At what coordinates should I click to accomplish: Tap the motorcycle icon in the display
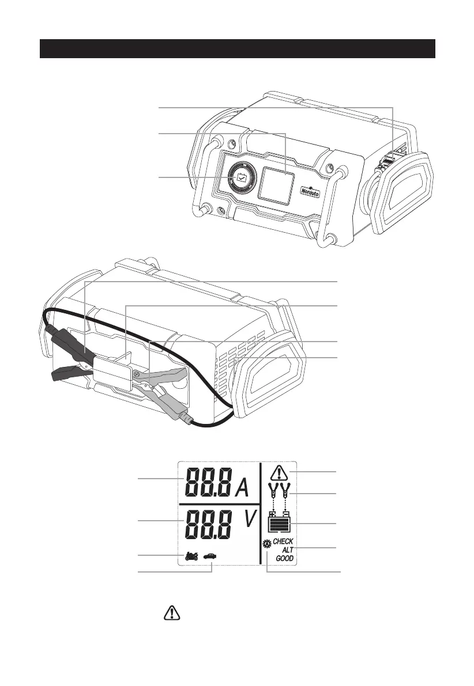point(192,556)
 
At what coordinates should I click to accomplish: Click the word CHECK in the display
point(283,541)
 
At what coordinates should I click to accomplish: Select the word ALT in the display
point(287,550)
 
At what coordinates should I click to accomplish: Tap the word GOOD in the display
point(284,559)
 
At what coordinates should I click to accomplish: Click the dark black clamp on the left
point(69,354)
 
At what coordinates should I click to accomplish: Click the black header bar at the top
point(236,49)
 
